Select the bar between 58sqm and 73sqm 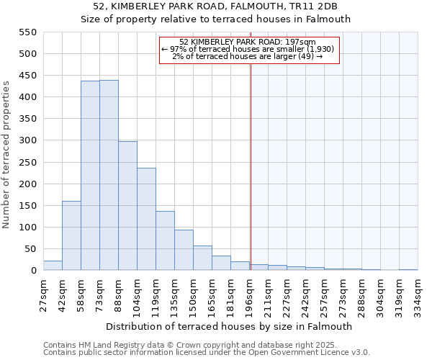point(90,176)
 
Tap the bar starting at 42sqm point(71,235)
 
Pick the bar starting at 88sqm point(127,206)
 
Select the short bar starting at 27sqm point(53,266)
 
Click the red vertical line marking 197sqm point(251,158)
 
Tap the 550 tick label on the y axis point(27,32)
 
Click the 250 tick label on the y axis point(27,163)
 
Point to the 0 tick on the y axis point(33,271)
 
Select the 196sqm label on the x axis point(250,294)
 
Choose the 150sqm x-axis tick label point(194,294)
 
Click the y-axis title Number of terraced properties point(7,155)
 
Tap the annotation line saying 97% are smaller point(248,49)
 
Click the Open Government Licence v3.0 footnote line point(206,353)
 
